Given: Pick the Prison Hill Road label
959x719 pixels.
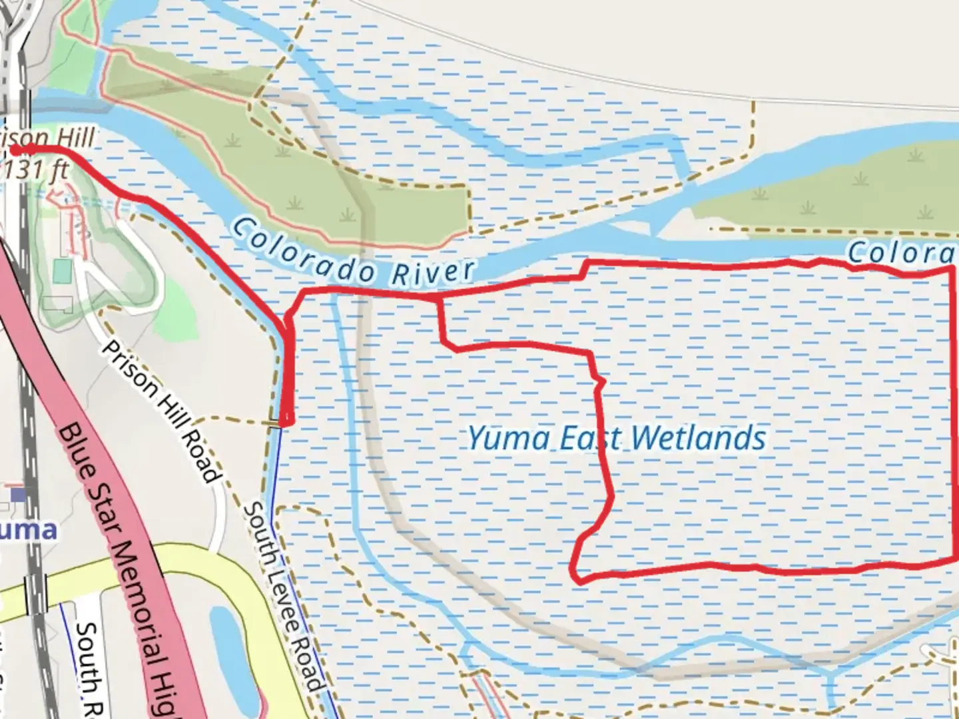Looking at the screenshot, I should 160,413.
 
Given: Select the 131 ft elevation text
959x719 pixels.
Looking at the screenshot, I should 37,170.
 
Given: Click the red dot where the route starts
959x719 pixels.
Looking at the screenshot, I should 15,150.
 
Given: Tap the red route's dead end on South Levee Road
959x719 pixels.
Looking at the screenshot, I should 286,421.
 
